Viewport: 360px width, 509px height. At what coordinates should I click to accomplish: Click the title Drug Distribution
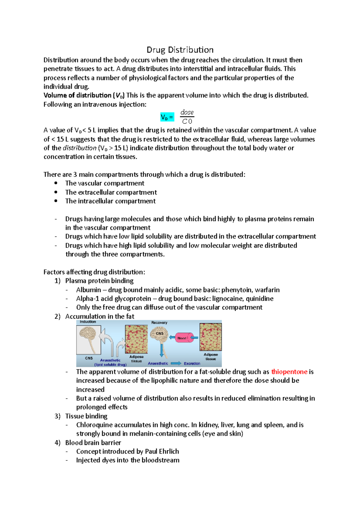[x=180, y=50]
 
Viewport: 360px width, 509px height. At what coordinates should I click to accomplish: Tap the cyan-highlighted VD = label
[x=167, y=117]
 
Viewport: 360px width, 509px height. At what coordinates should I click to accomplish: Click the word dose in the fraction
[x=187, y=112]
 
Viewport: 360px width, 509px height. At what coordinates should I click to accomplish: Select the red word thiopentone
[x=289, y=372]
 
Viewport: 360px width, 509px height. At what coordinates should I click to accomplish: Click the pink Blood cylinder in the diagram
[x=184, y=338]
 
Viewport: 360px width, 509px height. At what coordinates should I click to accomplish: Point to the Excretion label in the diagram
[x=192, y=363]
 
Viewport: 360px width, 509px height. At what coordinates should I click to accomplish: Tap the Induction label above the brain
[x=88, y=322]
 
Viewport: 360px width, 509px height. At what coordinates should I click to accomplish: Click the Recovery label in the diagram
[x=159, y=323]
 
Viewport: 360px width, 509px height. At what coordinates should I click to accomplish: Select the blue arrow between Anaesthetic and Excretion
[x=176, y=363]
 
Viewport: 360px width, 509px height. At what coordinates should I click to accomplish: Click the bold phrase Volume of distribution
[x=77, y=95]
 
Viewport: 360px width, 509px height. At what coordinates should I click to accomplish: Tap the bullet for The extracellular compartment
[x=56, y=192]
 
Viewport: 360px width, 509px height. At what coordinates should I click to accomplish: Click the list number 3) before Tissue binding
[x=58, y=416]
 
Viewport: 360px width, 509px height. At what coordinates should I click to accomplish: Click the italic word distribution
[x=79, y=148]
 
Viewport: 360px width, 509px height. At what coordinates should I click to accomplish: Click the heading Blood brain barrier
[x=93, y=443]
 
